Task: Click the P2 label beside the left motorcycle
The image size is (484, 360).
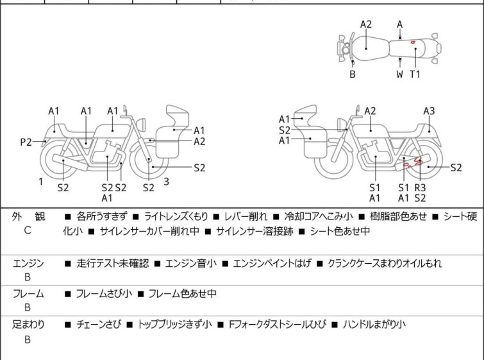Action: click(26, 142)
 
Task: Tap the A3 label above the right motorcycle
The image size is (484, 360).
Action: click(429, 111)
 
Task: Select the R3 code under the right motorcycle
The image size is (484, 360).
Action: click(421, 187)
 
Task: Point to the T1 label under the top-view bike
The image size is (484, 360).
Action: click(415, 74)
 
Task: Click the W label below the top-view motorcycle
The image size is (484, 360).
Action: click(400, 74)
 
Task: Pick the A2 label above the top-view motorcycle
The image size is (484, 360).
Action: click(366, 24)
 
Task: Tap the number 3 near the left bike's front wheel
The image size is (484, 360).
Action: click(166, 182)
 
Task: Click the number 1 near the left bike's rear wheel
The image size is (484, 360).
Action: click(40, 182)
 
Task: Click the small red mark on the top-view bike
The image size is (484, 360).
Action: click(413, 43)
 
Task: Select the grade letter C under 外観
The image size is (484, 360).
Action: click(28, 230)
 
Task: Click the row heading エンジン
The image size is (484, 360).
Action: click(28, 263)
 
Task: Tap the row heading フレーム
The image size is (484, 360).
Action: click(28, 294)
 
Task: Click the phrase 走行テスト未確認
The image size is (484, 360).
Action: click(112, 263)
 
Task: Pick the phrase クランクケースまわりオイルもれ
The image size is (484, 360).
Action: click(385, 263)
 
